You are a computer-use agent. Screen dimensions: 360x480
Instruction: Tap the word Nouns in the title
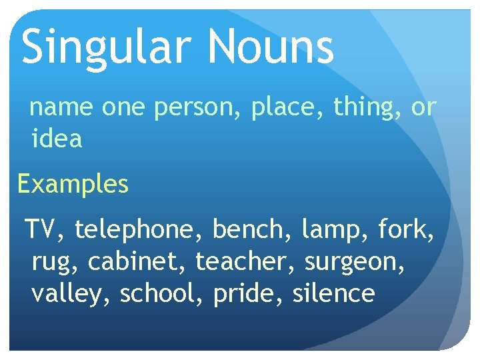click(x=269, y=47)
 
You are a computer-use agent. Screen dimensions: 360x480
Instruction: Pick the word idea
click(x=57, y=139)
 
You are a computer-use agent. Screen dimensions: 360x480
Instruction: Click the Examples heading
click(x=73, y=184)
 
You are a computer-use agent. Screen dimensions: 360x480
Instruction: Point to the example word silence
click(x=333, y=293)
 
